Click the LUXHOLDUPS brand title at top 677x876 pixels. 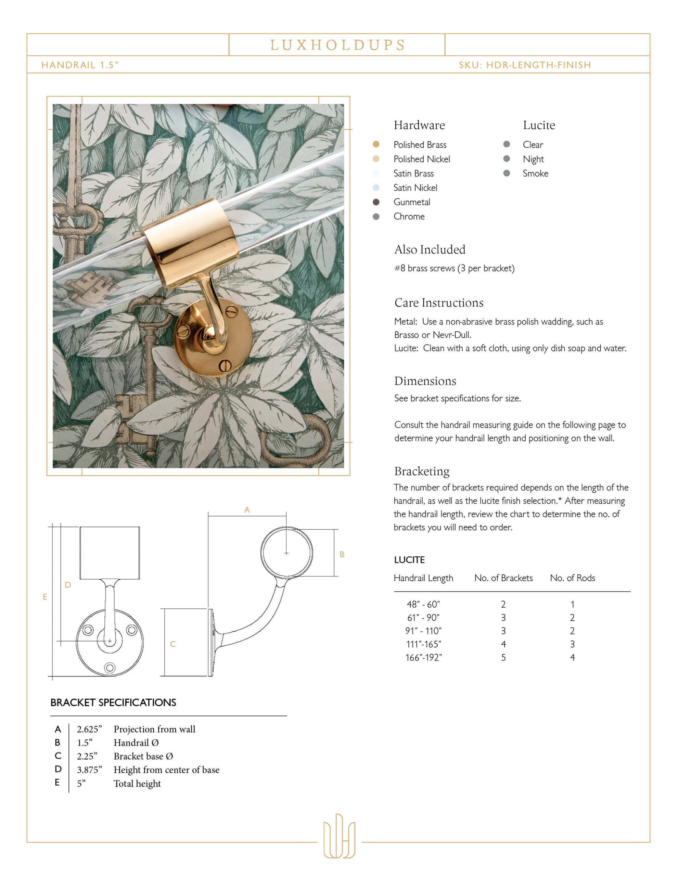337,45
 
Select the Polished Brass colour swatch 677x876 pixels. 376,144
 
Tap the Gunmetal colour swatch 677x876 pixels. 376,202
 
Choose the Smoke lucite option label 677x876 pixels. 535,173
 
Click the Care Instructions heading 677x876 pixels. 439,303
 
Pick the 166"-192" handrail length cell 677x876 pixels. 423,657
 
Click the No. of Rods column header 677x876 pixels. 572,578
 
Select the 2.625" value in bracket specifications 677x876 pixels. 89,729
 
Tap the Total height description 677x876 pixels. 137,783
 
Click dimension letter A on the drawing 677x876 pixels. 247,510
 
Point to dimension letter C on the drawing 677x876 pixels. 173,644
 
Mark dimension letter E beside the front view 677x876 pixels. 45,597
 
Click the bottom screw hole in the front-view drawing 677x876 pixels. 110,667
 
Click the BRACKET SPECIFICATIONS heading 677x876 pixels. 113,702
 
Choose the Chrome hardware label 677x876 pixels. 409,217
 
